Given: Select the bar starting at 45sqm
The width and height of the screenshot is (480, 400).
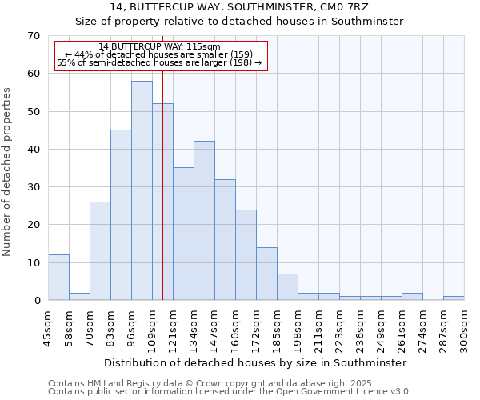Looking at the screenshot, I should [58, 278].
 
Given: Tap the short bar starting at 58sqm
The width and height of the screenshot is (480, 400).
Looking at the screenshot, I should [79, 296].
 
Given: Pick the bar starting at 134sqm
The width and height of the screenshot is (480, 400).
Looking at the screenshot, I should [204, 221].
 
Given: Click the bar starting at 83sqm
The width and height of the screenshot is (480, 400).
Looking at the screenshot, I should [121, 215].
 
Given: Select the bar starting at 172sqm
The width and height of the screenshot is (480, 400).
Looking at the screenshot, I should [266, 274].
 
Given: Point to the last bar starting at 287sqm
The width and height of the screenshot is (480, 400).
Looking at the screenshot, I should [454, 298].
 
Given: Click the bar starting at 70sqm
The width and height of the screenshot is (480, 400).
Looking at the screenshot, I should [100, 251].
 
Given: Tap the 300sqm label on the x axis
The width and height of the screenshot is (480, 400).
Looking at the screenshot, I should [465, 327].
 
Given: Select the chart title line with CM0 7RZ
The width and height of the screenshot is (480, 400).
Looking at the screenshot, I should [240, 7].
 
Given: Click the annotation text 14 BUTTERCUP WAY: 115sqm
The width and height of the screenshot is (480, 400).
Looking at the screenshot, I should [159, 46].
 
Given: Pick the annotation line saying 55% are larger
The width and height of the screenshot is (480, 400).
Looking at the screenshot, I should [159, 62].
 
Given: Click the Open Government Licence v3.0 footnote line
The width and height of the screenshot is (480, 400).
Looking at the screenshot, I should [230, 392].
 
